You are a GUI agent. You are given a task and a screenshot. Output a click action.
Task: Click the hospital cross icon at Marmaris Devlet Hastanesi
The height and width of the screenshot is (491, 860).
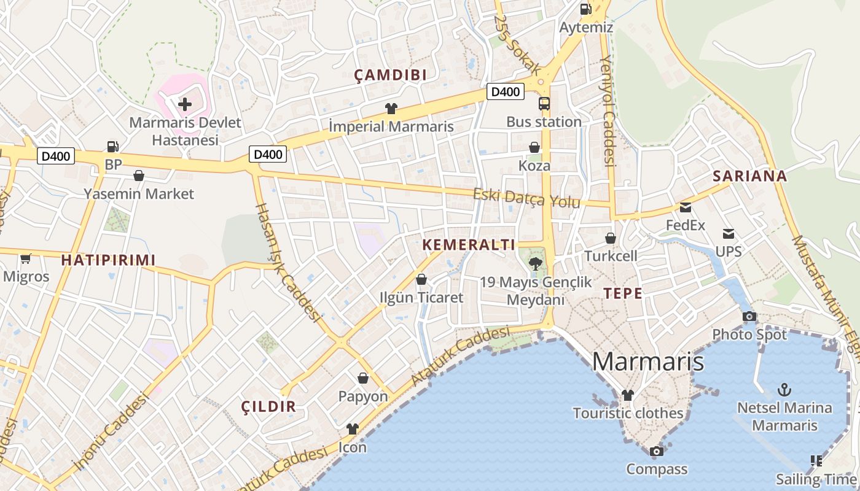coord(184,104)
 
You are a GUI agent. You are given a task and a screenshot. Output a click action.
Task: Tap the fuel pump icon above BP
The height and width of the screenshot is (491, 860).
coord(112,147)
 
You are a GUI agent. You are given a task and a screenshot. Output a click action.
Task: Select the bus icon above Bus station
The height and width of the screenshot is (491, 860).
coord(544,104)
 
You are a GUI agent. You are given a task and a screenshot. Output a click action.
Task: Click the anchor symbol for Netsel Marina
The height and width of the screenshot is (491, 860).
coord(784,389)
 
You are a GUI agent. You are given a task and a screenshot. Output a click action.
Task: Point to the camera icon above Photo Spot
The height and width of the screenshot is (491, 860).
coord(749,317)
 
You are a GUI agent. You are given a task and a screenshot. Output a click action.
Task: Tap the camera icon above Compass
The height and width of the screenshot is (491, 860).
coord(656,452)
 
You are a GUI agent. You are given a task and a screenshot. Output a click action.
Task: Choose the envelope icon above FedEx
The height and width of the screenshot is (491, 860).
coord(685,207)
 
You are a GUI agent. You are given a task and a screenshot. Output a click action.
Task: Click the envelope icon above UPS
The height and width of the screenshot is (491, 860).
coord(729,234)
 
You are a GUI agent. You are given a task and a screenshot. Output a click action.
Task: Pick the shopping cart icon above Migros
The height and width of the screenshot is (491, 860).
coord(25,258)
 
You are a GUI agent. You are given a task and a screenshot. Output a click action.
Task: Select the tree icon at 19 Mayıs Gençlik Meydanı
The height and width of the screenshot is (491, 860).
coord(535,265)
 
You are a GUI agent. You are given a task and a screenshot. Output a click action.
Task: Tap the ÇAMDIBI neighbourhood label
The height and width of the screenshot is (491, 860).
coord(390,75)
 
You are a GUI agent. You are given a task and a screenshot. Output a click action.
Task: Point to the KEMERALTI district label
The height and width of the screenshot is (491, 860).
coord(469,245)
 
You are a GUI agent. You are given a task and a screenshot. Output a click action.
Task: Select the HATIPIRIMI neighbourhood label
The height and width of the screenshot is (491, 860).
coord(108,260)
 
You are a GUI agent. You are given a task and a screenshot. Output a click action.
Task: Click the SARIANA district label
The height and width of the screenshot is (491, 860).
coord(749,176)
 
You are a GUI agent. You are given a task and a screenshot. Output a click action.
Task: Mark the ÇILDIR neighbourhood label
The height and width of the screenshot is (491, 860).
coord(268,406)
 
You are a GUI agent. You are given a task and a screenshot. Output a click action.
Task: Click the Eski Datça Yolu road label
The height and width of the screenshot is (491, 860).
coord(526,198)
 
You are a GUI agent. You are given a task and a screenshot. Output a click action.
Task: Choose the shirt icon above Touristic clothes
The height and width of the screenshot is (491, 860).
coord(627,395)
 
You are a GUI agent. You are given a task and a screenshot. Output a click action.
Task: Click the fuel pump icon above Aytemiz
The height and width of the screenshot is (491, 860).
coord(585,9)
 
